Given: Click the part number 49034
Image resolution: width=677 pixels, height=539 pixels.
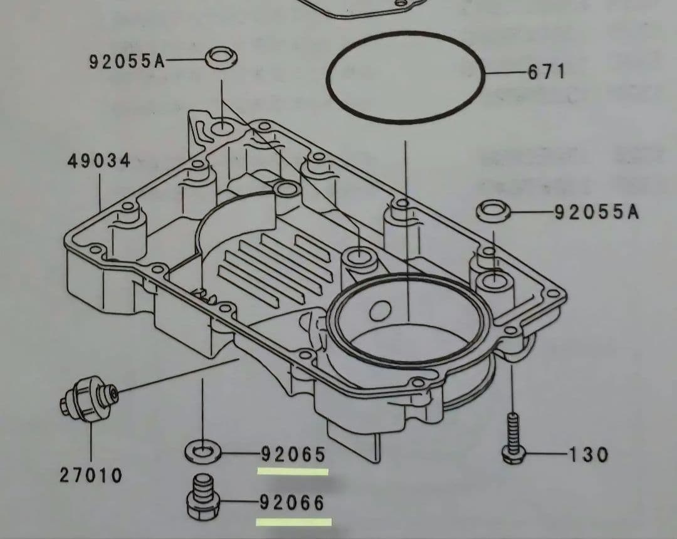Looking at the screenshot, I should (x=99, y=161).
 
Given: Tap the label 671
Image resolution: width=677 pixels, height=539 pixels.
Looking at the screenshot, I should (x=547, y=72).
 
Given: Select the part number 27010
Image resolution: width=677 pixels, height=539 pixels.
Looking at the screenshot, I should (x=91, y=476).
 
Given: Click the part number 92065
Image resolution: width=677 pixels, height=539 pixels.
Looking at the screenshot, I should (x=293, y=453).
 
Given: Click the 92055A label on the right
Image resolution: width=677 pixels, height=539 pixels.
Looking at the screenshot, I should (x=597, y=212).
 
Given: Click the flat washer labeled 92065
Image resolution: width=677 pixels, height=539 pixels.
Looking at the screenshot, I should (x=202, y=450).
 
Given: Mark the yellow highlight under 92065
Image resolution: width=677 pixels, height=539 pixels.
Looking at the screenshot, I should (x=293, y=471).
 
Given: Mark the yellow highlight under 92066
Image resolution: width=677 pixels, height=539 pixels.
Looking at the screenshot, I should (x=294, y=521).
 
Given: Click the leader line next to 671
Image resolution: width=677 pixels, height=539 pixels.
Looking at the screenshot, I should (x=505, y=73).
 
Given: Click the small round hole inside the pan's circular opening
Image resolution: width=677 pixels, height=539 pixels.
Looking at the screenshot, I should (x=380, y=308).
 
